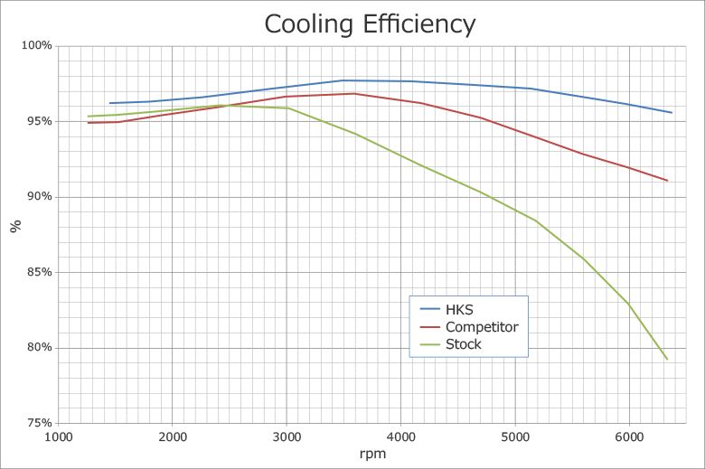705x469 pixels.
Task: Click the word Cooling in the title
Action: (x=308, y=24)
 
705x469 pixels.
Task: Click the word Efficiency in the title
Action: (x=419, y=24)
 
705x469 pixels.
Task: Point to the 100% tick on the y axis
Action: (x=37, y=45)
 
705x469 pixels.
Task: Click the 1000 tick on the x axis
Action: (x=59, y=437)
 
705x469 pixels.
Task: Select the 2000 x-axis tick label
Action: (x=173, y=437)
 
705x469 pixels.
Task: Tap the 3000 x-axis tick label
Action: (x=287, y=437)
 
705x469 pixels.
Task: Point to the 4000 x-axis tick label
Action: (x=401, y=437)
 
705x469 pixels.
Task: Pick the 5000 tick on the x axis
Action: (x=515, y=437)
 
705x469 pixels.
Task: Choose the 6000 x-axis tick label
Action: (x=629, y=437)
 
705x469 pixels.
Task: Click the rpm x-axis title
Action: (x=372, y=455)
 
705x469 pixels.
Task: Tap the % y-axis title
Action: (x=15, y=226)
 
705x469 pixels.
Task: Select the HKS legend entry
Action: (x=446, y=309)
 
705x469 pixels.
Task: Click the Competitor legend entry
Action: (x=469, y=327)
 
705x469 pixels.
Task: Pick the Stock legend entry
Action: (x=450, y=344)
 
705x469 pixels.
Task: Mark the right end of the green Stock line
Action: (x=667, y=360)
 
